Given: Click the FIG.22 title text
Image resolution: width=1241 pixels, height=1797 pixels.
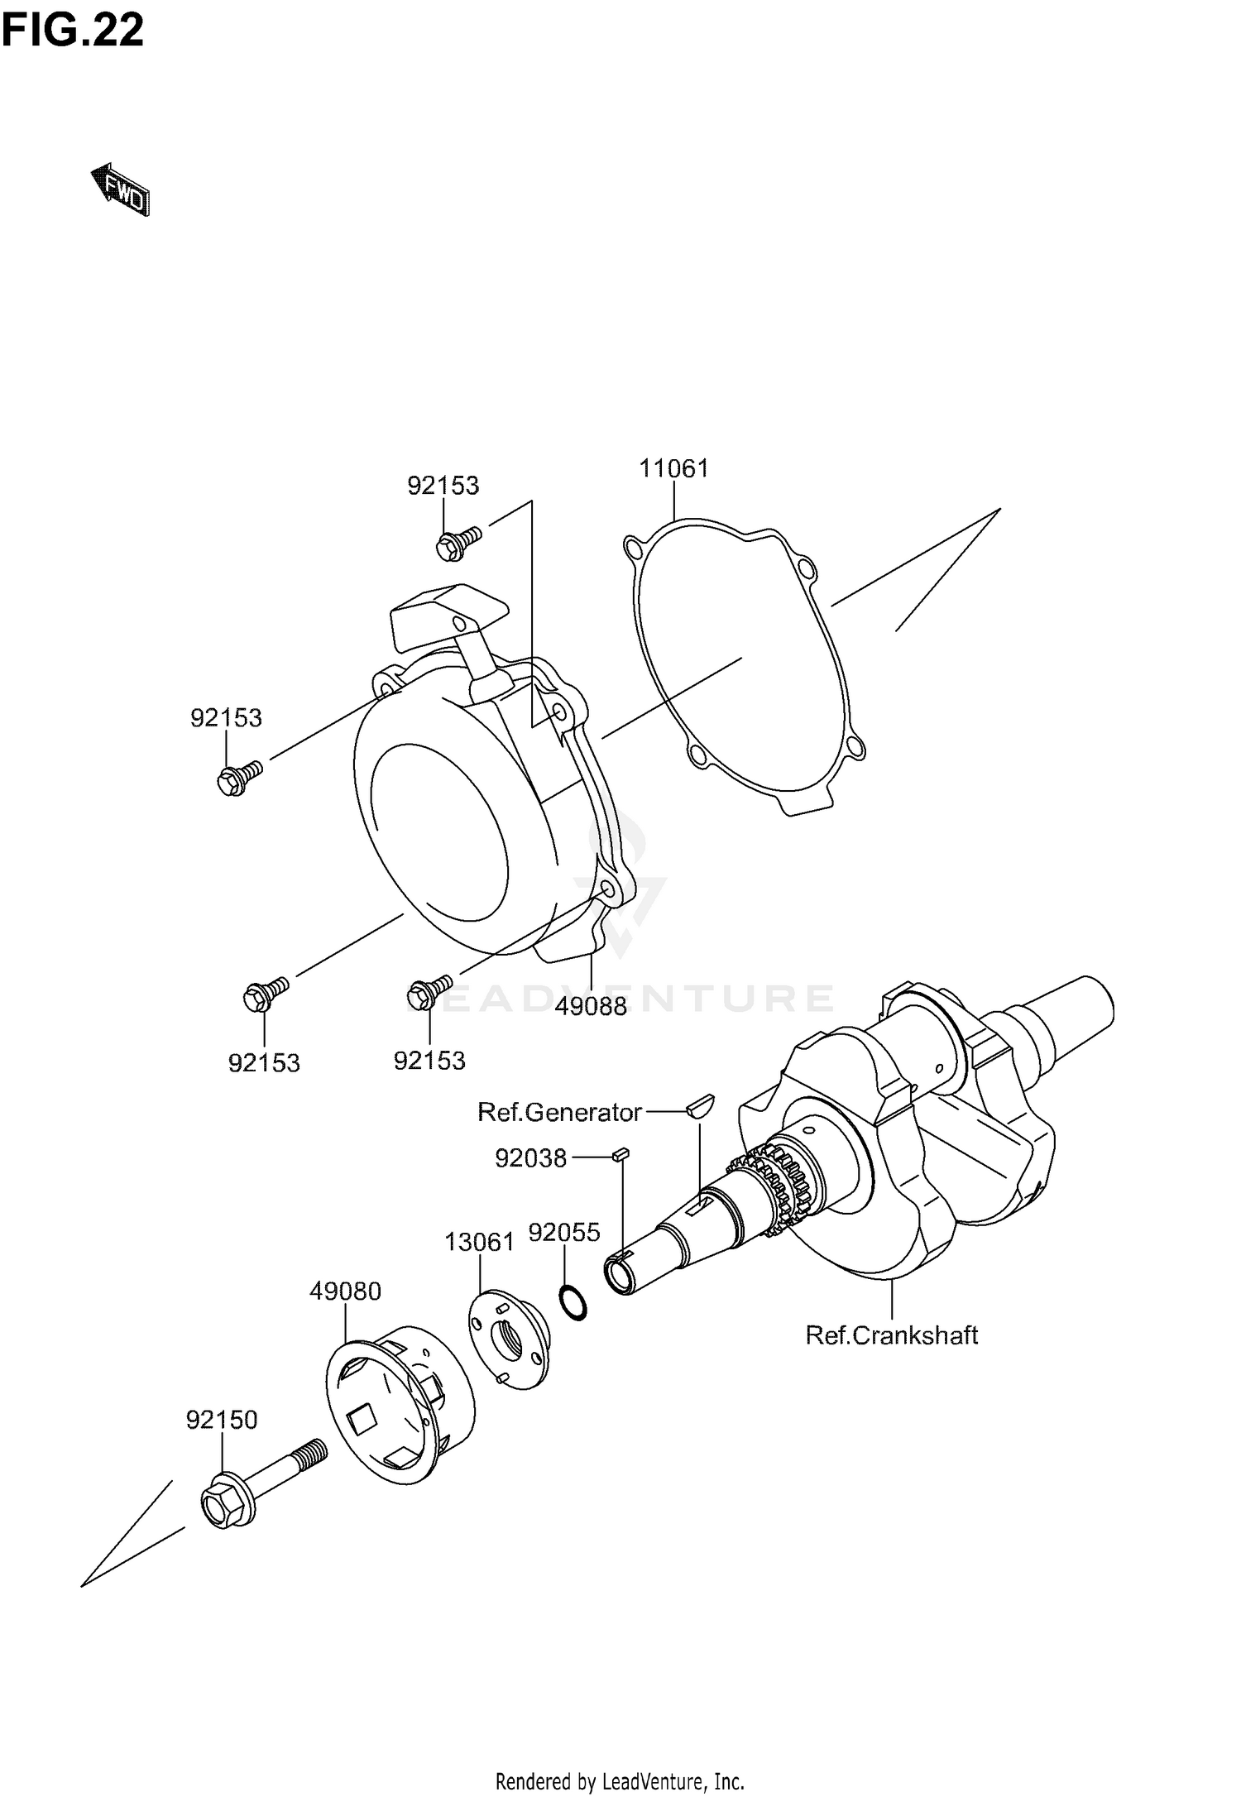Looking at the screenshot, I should [x=73, y=31].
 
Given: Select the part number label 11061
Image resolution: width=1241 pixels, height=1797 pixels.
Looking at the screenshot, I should [x=673, y=468].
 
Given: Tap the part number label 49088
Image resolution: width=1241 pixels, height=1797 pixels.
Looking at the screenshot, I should [x=591, y=1006].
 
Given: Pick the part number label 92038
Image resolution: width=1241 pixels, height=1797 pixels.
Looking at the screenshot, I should [x=530, y=1158].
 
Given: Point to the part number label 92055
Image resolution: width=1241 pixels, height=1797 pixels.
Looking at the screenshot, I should [x=564, y=1233].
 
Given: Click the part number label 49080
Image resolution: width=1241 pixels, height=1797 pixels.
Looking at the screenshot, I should [x=346, y=1291].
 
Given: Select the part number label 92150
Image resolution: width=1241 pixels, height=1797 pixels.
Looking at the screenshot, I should [x=222, y=1420].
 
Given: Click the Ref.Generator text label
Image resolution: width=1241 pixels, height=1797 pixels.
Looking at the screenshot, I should [x=559, y=1112].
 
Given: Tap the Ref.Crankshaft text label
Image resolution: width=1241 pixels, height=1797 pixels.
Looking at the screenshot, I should [x=892, y=1335].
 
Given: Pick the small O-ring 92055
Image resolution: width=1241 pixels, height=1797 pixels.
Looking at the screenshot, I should [x=573, y=1303].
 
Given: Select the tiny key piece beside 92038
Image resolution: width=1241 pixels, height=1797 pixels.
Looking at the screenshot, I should [x=621, y=1155].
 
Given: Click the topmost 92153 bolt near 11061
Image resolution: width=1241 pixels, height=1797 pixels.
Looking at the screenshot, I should [x=456, y=543].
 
